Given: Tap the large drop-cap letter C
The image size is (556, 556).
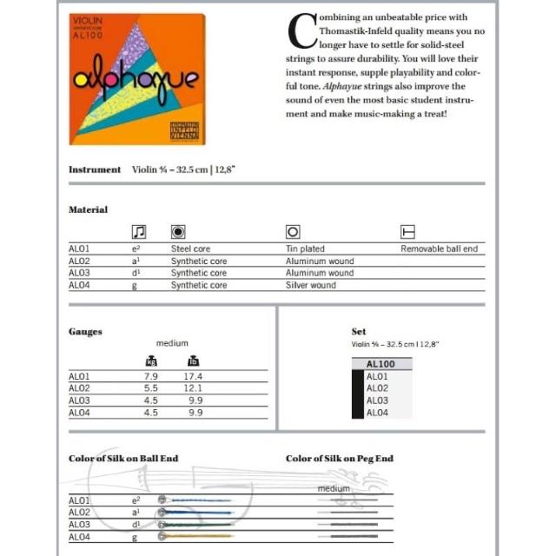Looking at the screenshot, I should pyautogui.click(x=301, y=31).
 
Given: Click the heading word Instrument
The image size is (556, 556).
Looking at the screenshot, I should pyautogui.click(x=95, y=169).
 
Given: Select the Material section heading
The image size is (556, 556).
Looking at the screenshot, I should pyautogui.click(x=89, y=209).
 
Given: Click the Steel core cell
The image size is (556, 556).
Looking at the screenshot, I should pyautogui.click(x=190, y=249).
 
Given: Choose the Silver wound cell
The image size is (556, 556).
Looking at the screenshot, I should pyautogui.click(x=310, y=285).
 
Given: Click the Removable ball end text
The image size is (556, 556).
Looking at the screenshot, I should pyautogui.click(x=439, y=249).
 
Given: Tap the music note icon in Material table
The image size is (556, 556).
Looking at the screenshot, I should pyautogui.click(x=138, y=232).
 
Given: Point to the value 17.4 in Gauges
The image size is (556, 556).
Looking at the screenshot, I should pyautogui.click(x=193, y=376).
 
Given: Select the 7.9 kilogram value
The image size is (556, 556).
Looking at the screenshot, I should pyautogui.click(x=149, y=376).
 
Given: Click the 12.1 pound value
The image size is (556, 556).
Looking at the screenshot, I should pyautogui.click(x=193, y=388).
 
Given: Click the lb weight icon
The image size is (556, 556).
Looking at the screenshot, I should pyautogui.click(x=193, y=361).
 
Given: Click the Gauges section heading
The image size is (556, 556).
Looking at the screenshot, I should pyautogui.click(x=85, y=332).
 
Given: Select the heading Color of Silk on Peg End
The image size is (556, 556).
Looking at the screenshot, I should pyautogui.click(x=340, y=458).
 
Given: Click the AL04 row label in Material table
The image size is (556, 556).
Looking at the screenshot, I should pyautogui.click(x=79, y=285).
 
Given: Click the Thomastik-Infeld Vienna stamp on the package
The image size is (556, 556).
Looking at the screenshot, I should pyautogui.click(x=184, y=131).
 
